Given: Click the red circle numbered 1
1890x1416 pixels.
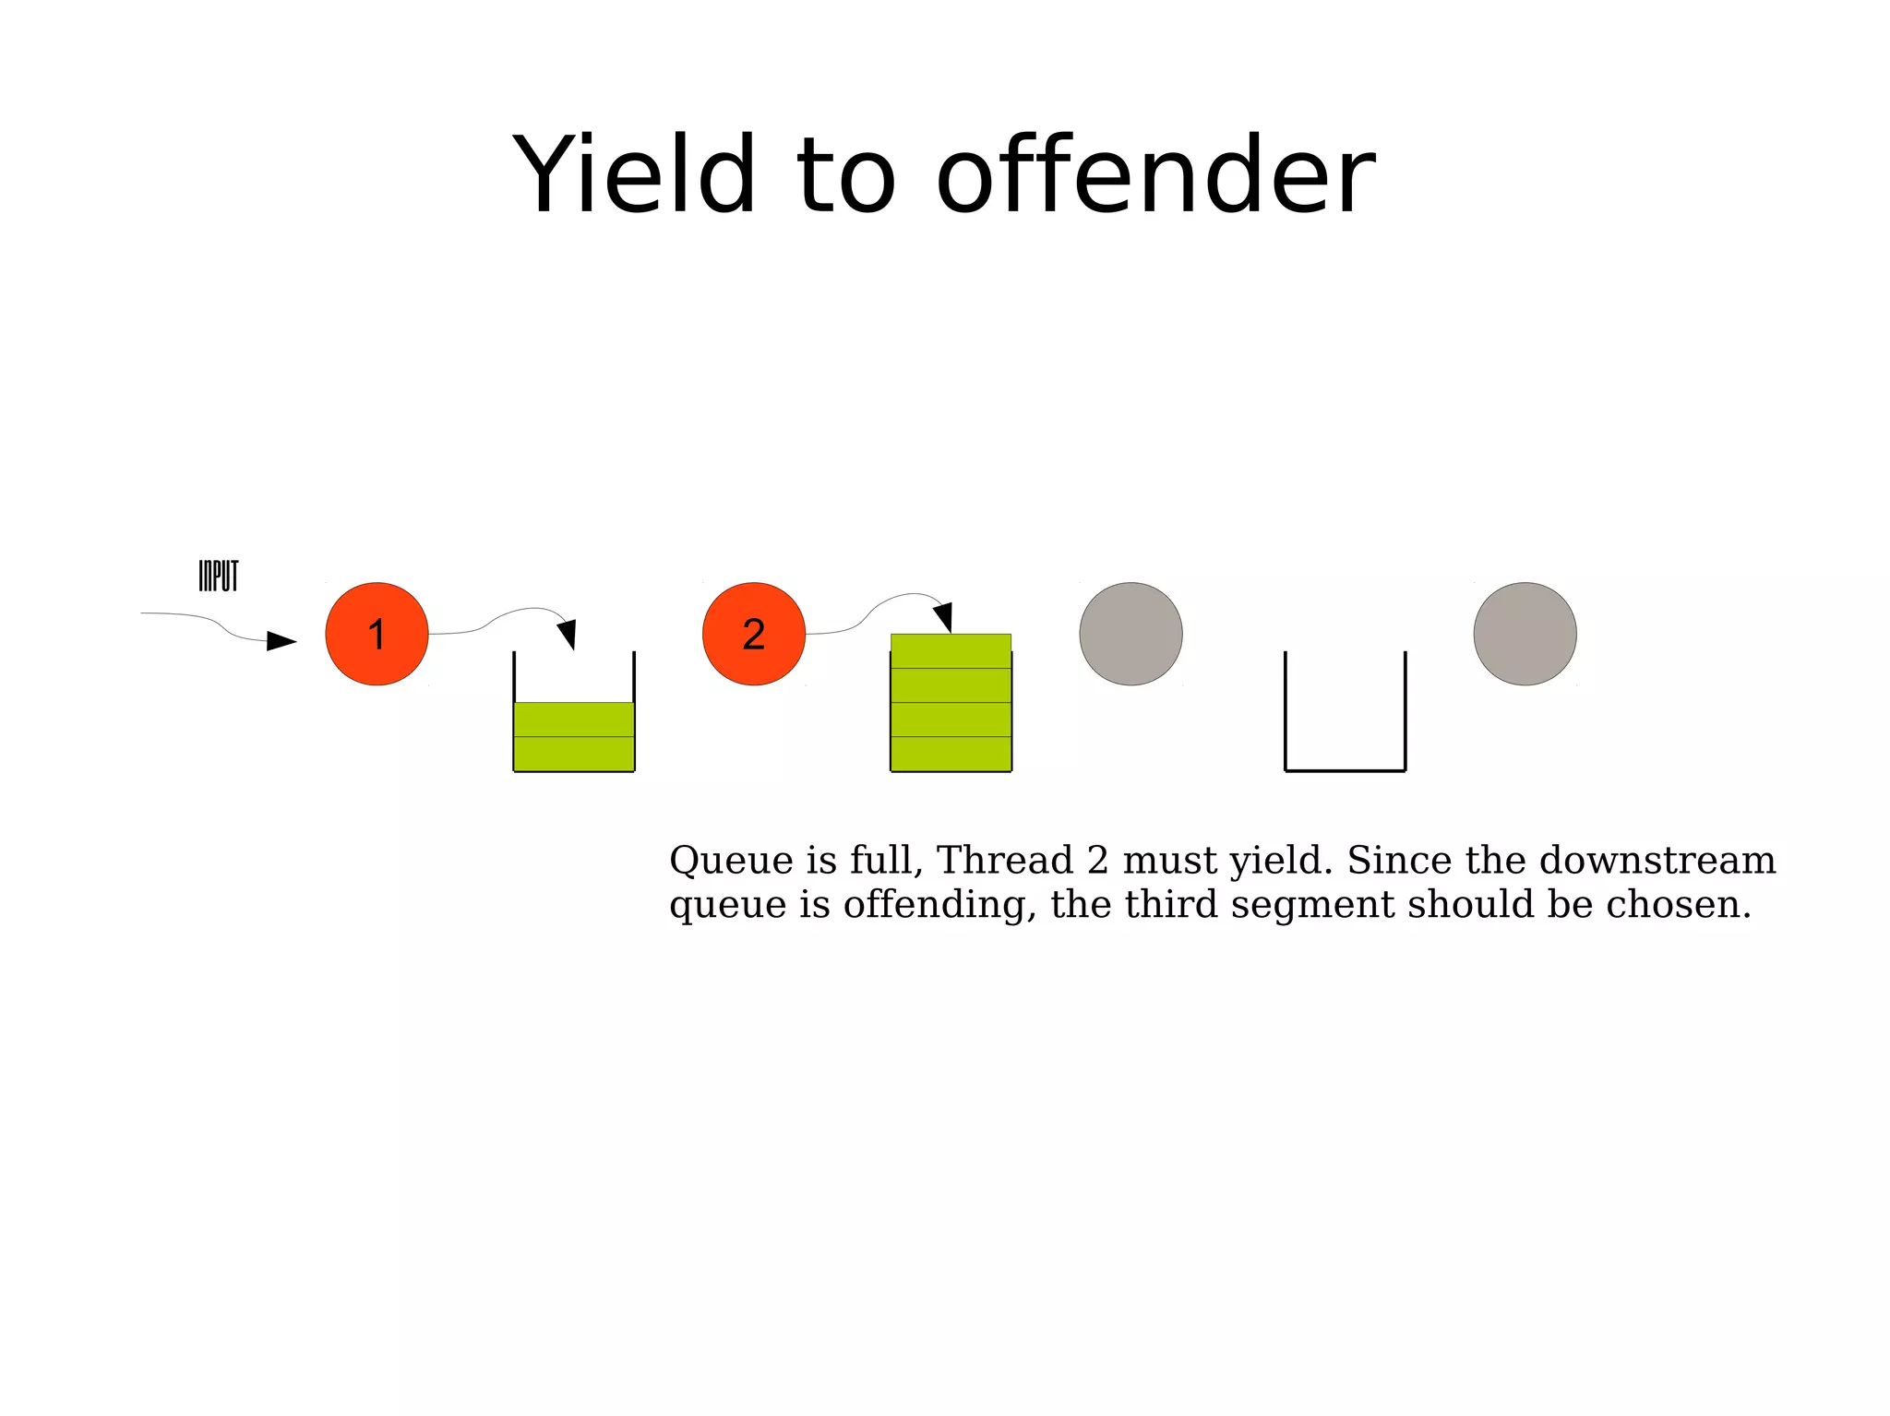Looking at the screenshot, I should point(377,634).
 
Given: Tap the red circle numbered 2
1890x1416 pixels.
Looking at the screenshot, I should point(753,634).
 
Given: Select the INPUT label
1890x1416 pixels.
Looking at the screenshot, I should point(219,576).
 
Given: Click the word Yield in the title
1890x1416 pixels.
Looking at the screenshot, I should point(634,175).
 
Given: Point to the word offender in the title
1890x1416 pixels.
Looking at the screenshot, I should point(1155,175).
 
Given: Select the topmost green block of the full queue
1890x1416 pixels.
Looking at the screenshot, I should point(951,650).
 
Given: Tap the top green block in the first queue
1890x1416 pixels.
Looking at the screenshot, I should point(573,720).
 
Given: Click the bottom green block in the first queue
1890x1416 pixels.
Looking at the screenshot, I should point(573,754).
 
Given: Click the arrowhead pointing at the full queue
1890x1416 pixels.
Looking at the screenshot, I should point(943,616).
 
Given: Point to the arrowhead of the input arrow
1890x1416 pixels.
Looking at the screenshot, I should point(281,640).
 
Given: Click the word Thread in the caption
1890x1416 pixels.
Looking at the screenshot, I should point(1005,860).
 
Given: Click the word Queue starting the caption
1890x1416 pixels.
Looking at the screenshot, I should point(731,860).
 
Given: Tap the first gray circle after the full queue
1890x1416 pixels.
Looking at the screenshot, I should point(1130,634).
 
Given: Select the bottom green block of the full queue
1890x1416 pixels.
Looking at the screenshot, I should point(951,754).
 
